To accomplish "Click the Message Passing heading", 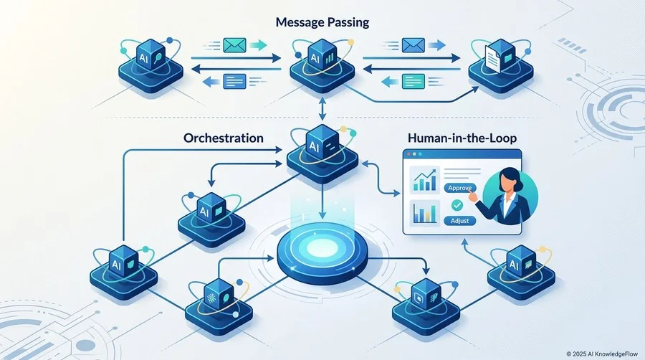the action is (322, 22).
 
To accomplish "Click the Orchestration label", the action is (224, 138).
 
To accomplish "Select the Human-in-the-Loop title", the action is (462, 138).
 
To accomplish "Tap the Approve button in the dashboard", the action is (460, 188).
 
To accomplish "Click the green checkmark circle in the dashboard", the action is (457, 205).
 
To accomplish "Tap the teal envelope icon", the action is (234, 45).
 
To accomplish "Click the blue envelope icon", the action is (413, 45).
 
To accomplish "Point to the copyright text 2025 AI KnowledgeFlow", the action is (602, 354).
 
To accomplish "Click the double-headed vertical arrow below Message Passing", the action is (322, 108).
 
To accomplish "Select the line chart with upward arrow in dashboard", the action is (425, 180).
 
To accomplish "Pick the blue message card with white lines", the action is (234, 81).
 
